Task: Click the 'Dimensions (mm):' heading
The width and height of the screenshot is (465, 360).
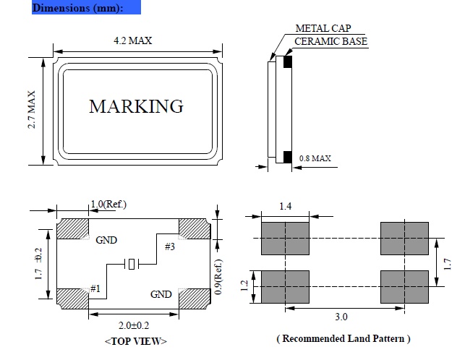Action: pos(77,8)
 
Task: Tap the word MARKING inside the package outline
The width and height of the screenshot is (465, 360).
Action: pos(136,106)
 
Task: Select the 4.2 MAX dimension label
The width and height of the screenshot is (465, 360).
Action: pos(133,41)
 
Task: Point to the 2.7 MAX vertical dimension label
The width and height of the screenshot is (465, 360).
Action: pos(33,110)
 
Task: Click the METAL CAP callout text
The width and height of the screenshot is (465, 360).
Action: pos(323,29)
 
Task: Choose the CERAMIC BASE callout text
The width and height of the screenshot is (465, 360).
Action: pos(330,41)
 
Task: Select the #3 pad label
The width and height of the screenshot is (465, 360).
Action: pos(170,247)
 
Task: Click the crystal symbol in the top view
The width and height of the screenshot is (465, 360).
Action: pos(132,265)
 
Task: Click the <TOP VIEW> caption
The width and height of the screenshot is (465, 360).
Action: pos(135,341)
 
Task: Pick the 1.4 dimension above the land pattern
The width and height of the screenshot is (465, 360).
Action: pos(286,207)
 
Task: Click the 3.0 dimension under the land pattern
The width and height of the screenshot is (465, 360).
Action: pos(342,317)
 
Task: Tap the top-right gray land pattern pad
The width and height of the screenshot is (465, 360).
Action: pos(405,238)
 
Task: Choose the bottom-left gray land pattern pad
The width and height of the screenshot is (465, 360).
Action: pos(286,286)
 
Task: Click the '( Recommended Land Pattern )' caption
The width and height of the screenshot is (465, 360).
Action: pos(343,338)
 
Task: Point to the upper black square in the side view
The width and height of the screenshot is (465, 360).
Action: pos(287,61)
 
